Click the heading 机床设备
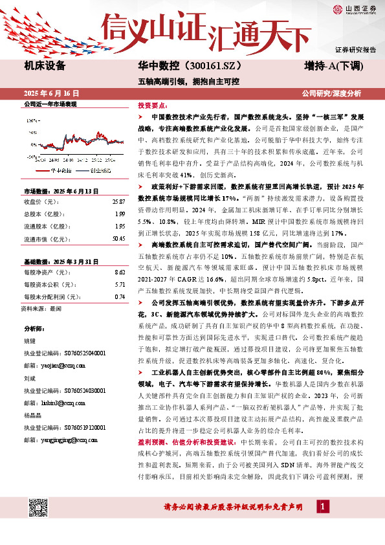coord(45,65)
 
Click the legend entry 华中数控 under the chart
coord(62,171)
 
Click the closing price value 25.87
coord(117,202)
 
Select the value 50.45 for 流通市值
coord(117,239)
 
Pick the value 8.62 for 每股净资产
coord(119,273)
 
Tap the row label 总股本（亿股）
coord(40,214)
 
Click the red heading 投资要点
coord(153,104)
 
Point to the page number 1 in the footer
coord(322,507)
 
